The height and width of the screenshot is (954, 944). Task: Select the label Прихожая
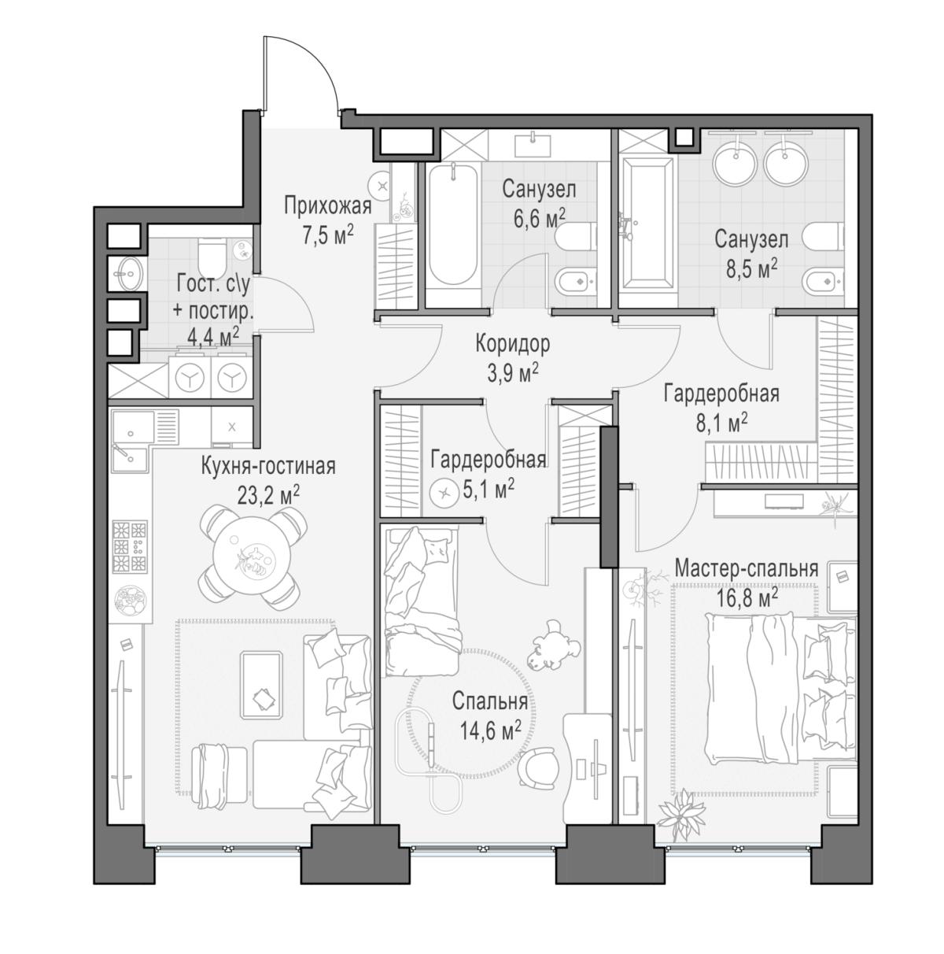coord(327,206)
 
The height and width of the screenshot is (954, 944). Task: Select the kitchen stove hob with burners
coord(130,546)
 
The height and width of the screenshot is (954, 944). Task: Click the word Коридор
coord(512,343)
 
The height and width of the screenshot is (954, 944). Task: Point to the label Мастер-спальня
coord(747,569)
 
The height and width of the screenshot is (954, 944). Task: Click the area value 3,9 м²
coord(512,373)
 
